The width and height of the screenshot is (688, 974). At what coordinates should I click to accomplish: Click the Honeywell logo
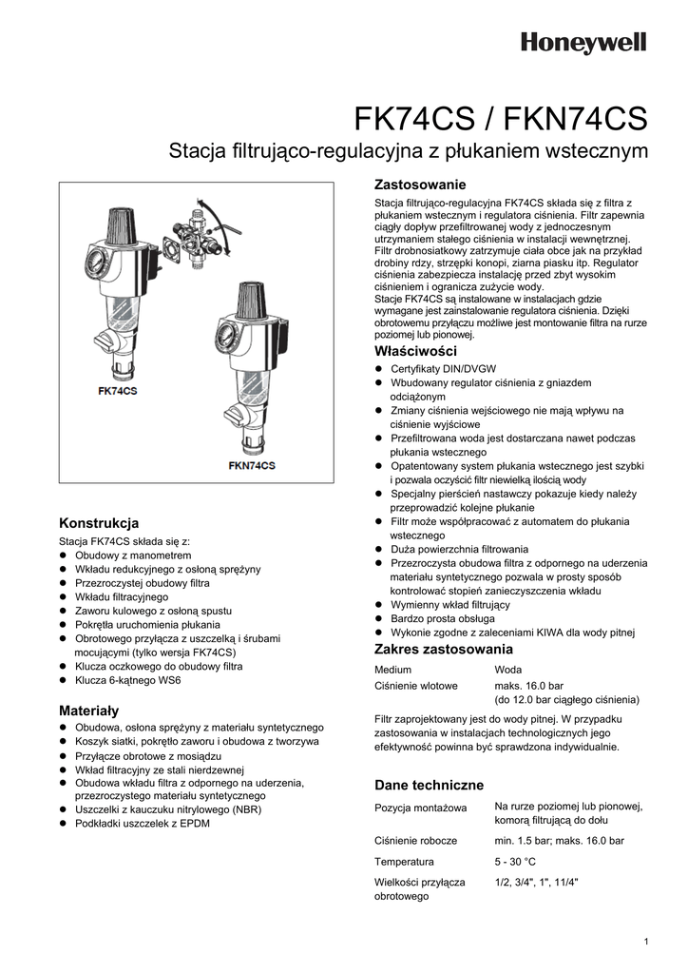[x=583, y=43]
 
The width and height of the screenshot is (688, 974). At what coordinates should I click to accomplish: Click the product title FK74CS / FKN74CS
[x=501, y=119]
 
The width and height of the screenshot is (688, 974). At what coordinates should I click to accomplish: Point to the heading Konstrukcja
[x=99, y=523]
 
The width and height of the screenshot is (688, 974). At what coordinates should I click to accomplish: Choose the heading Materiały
[x=88, y=711]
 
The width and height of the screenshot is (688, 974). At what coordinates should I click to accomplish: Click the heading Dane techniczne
[x=429, y=785]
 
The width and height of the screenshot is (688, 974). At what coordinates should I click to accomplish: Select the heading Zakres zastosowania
[x=443, y=650]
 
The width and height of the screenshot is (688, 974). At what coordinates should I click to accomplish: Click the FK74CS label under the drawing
[x=117, y=391]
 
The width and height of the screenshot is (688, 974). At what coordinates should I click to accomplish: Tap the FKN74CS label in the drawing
[x=252, y=465]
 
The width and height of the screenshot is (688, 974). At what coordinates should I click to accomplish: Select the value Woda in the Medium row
[x=508, y=670]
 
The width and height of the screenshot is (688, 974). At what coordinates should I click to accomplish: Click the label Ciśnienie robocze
[x=415, y=841]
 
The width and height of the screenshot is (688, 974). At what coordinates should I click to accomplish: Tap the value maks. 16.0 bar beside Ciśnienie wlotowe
[x=528, y=685]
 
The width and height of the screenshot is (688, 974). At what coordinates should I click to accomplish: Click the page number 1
[x=645, y=942]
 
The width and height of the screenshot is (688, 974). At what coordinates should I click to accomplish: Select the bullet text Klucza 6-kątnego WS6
[x=128, y=681]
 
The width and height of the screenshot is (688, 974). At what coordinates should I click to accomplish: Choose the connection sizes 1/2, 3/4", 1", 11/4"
[x=536, y=882]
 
